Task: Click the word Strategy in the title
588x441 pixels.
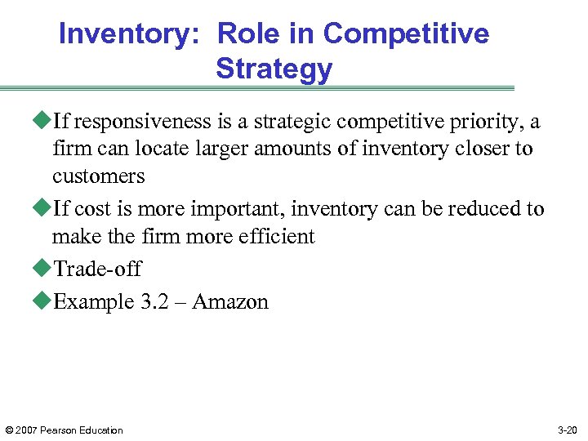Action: [274, 69]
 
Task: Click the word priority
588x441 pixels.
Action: [493, 122]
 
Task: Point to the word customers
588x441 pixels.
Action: [98, 176]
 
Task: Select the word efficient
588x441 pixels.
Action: [274, 237]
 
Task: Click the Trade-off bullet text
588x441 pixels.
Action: [97, 269]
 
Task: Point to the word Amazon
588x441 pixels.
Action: [230, 301]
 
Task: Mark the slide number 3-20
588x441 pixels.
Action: [567, 430]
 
